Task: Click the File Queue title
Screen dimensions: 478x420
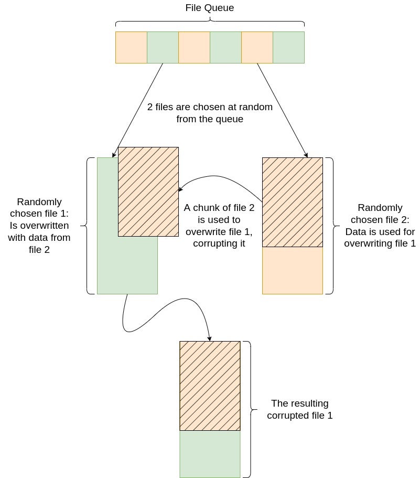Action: click(210, 8)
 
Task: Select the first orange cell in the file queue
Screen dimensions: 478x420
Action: click(131, 47)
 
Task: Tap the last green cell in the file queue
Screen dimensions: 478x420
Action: click(288, 47)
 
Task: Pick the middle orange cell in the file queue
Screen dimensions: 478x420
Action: click(194, 47)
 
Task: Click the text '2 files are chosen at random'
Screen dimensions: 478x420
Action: click(210, 107)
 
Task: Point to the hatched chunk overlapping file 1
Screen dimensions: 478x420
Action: click(148, 192)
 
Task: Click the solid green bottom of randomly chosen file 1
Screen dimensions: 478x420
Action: click(127, 268)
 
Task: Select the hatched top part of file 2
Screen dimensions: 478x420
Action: click(292, 202)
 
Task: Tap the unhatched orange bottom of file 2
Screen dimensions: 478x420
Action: click(292, 270)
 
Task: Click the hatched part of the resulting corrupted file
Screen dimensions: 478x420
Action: click(210, 386)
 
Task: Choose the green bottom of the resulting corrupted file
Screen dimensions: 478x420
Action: click(210, 454)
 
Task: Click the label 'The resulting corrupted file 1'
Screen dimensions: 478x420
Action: click(300, 409)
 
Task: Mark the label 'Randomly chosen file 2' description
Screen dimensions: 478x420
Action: click(380, 226)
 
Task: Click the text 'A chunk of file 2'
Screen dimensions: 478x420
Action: click(219, 208)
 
